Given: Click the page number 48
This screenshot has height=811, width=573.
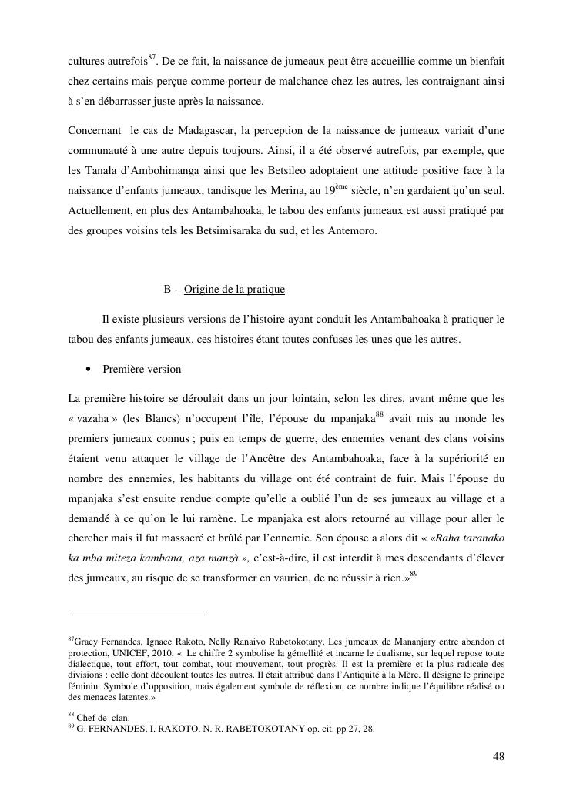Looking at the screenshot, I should point(498,756).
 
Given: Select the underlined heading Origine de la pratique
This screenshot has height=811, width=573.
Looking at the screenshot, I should point(234,290).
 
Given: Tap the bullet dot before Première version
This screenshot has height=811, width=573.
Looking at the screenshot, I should point(89,370).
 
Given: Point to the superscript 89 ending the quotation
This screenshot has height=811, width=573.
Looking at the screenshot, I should point(414,575).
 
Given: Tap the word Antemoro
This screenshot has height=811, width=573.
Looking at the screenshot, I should point(354,231).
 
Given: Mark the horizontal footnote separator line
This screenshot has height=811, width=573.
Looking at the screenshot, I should point(138,615).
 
